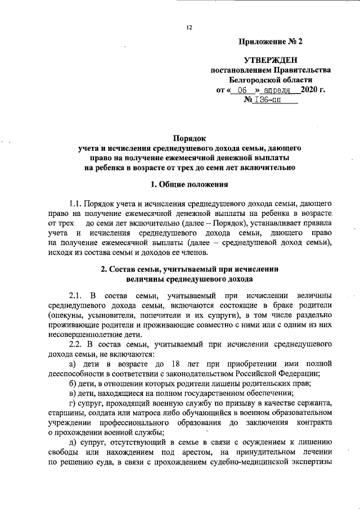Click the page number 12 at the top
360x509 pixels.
(189, 26)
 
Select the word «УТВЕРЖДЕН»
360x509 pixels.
(270, 60)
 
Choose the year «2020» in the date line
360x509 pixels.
(309, 90)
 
